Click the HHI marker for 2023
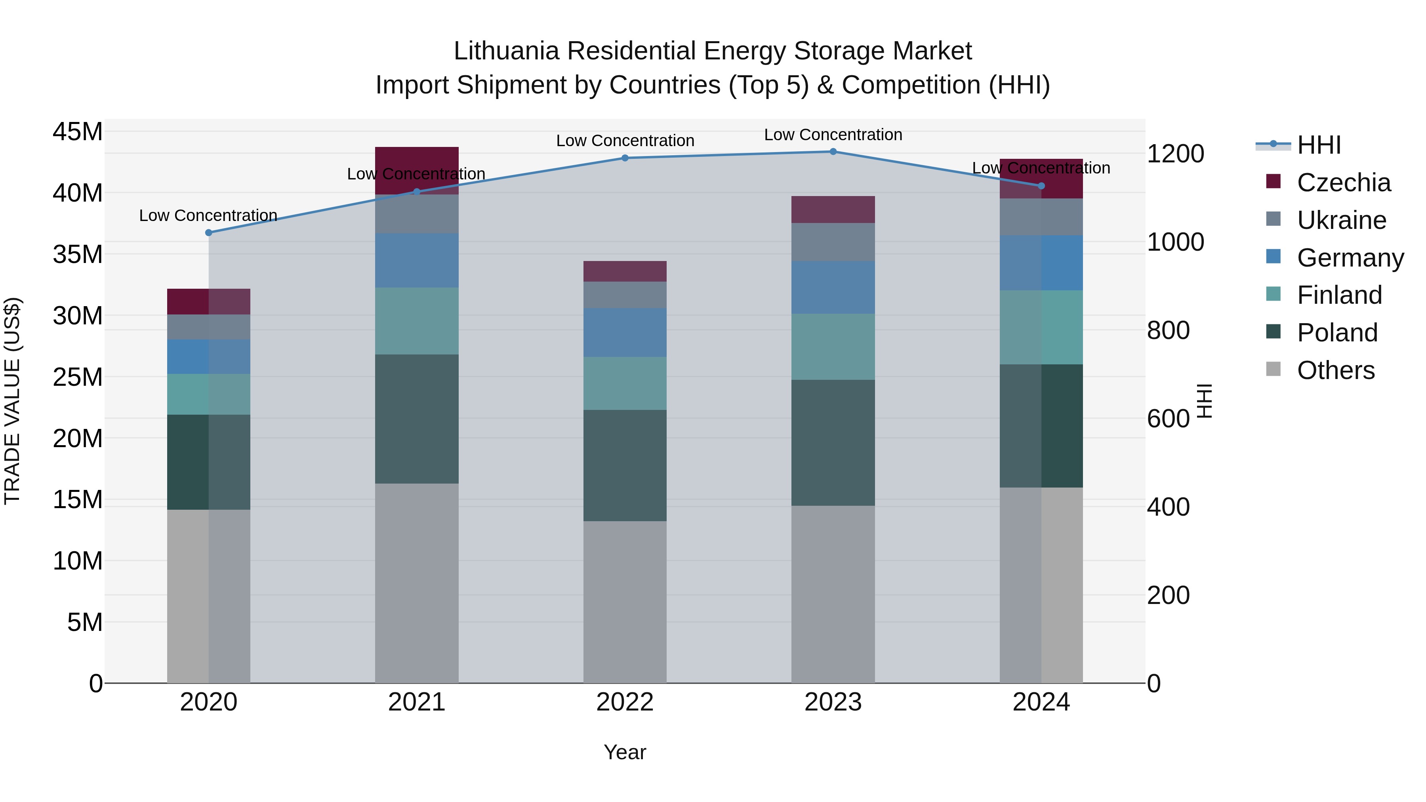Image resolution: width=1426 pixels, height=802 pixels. coord(833,152)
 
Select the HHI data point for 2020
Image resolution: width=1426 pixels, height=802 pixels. coord(209,232)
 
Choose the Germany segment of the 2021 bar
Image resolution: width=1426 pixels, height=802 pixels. coord(416,260)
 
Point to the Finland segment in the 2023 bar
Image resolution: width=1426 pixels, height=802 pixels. coord(833,347)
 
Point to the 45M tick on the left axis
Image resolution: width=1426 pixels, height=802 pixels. coord(78,132)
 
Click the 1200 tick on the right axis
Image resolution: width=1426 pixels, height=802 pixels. coord(1175,154)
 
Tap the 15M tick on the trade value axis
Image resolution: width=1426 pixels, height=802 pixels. coord(78,500)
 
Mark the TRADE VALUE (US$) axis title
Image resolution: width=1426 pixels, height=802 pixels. coord(12,401)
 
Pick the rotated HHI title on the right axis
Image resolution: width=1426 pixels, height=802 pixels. coord(1205,401)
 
